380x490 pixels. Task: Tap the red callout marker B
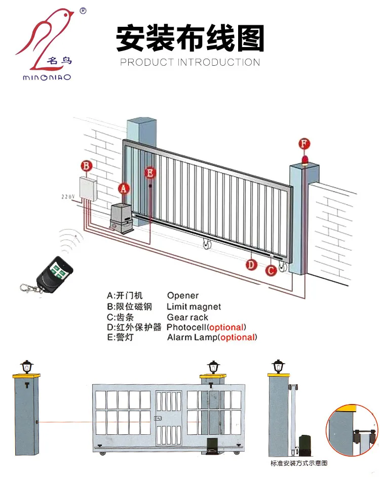[x=87, y=165]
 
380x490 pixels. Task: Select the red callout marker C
[x=271, y=270]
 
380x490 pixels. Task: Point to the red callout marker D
[x=251, y=264]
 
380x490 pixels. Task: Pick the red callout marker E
[x=150, y=172]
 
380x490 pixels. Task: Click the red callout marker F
[x=304, y=143]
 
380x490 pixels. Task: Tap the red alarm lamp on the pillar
[x=304, y=160]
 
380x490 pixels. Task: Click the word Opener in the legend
[x=182, y=295]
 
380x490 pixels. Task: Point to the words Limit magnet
[x=194, y=306]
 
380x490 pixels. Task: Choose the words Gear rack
[x=187, y=317]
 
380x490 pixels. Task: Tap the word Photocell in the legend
[x=186, y=327]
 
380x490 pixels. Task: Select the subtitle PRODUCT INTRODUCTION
[x=190, y=62]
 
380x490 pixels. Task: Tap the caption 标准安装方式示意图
[x=299, y=463]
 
